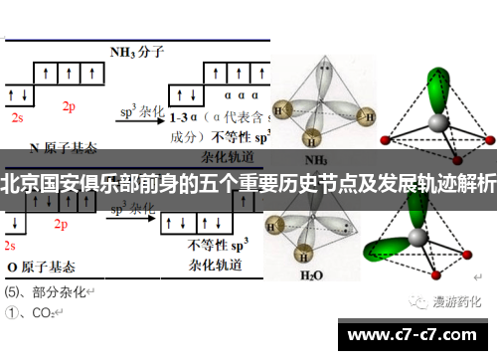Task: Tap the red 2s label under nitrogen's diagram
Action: [x=17, y=116]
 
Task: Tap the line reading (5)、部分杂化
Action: [x=47, y=292]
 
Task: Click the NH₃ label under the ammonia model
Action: [x=316, y=159]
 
